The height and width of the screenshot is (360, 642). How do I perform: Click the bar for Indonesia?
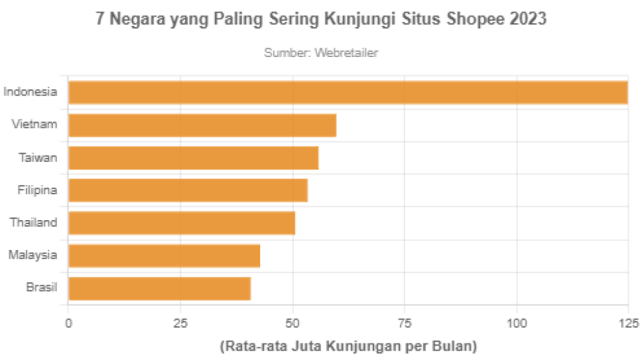point(348,92)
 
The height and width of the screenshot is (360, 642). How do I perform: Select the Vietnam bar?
point(202,125)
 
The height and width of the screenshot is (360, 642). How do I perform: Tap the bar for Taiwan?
point(194,158)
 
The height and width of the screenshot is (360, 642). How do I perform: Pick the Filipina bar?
point(188,190)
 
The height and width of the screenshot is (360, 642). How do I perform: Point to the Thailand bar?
point(182,223)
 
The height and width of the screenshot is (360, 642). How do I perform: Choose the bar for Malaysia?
point(164,255)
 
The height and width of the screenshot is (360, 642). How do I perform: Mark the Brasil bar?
point(159,288)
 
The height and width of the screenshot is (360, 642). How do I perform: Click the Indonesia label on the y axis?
point(30,92)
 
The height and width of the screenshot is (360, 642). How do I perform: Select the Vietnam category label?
point(34,125)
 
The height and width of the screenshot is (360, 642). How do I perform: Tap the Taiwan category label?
point(37,158)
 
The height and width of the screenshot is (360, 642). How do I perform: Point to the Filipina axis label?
point(37,190)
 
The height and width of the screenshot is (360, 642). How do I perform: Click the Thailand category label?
point(33,223)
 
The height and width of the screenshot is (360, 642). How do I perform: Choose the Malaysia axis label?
point(32,255)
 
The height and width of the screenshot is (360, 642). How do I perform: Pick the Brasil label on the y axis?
point(41,288)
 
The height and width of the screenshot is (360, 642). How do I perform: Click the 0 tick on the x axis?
point(68,324)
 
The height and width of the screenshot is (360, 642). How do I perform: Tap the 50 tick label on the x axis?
point(292,324)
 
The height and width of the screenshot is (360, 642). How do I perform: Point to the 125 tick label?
point(627,324)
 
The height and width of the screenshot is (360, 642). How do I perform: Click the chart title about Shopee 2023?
point(321,20)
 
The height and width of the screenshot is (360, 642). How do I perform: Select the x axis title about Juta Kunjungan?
point(348,346)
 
